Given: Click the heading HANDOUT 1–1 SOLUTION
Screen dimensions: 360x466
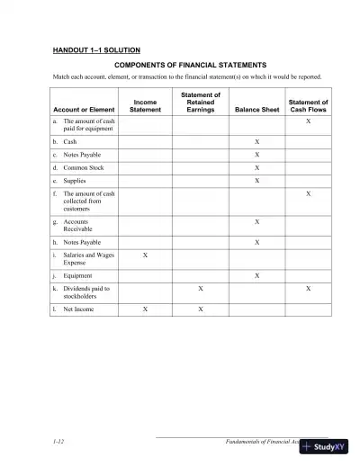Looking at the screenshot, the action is click(96, 49).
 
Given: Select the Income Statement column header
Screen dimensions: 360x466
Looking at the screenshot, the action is click(145, 106).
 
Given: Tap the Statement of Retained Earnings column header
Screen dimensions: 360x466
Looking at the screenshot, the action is click(201, 102).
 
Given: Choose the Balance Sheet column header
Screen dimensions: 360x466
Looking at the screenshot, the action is click(256, 110).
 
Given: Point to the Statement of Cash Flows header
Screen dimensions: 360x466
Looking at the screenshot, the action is click(309, 106).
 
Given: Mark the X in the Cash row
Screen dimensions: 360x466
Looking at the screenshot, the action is click(256, 142).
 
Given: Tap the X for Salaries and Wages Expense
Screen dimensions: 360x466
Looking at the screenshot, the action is click(145, 256).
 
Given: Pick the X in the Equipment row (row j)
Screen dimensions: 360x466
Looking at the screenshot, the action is click(256, 275).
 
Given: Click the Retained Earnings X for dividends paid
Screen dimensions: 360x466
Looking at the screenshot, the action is click(201, 289).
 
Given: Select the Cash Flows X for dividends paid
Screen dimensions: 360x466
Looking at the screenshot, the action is click(309, 289).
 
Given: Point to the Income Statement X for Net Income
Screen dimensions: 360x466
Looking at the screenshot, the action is click(145, 309).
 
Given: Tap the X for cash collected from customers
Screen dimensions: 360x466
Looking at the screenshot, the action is click(309, 193).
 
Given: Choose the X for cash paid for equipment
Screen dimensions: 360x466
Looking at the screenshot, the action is click(309, 120).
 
